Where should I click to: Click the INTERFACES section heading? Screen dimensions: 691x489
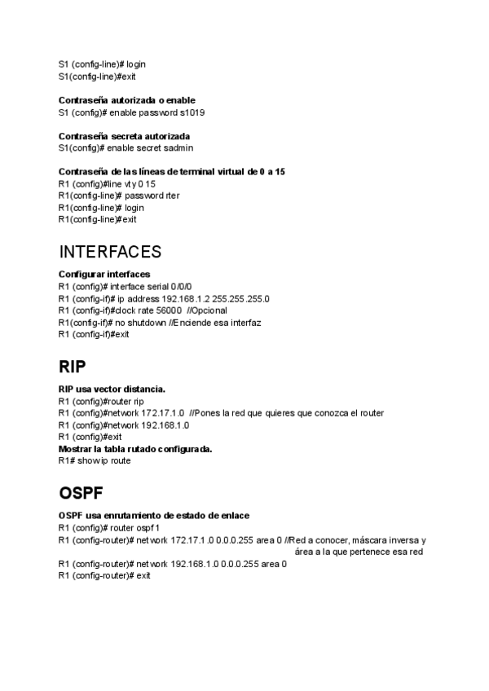(110, 252)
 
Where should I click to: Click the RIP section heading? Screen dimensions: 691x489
(73, 366)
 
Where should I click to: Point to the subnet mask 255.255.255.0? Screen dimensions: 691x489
(240, 299)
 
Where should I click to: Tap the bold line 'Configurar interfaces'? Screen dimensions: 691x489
(104, 275)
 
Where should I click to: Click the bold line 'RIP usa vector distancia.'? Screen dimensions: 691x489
(112, 390)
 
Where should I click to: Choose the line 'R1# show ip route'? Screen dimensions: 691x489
(95, 460)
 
